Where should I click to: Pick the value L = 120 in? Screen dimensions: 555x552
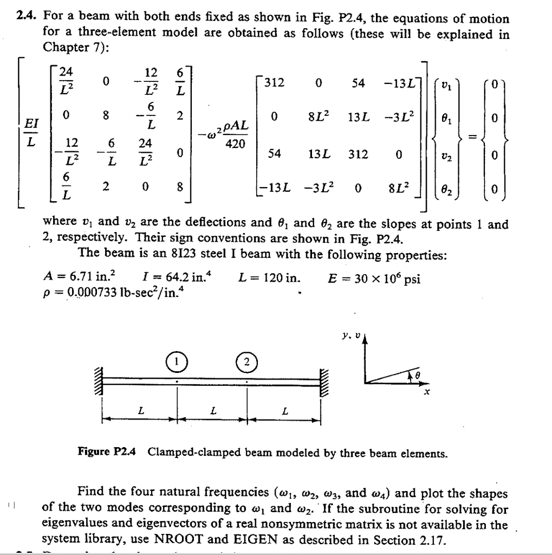tap(269, 279)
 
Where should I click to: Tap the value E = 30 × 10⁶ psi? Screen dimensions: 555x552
tap(373, 279)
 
